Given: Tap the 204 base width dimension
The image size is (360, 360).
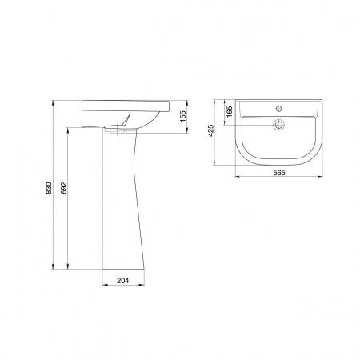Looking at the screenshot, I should click(x=122, y=280).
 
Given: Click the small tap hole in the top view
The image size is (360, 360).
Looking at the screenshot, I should click(x=280, y=106).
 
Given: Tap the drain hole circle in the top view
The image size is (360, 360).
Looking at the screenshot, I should click(x=280, y=124).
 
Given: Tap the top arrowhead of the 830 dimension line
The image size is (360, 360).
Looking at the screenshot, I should click(x=54, y=102).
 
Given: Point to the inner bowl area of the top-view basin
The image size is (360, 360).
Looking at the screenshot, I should click(x=280, y=144).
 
